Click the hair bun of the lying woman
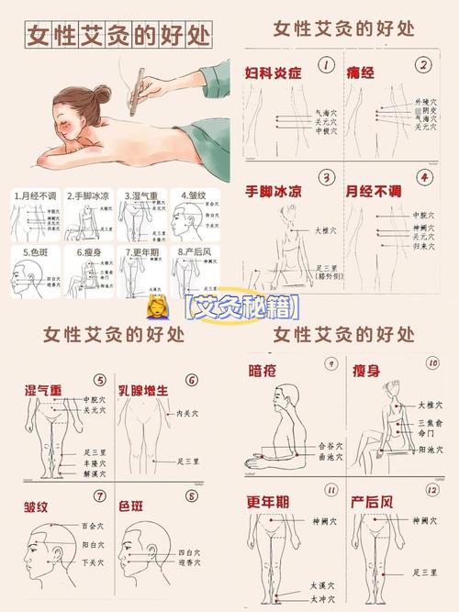(x=101, y=94)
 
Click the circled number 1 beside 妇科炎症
(x=326, y=65)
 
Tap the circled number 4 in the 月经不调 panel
(x=423, y=177)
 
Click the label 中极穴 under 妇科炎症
(x=301, y=131)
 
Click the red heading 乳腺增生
(x=142, y=390)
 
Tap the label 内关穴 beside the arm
(x=188, y=414)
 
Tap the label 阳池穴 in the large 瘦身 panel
(x=430, y=450)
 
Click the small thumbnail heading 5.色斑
(x=31, y=250)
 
